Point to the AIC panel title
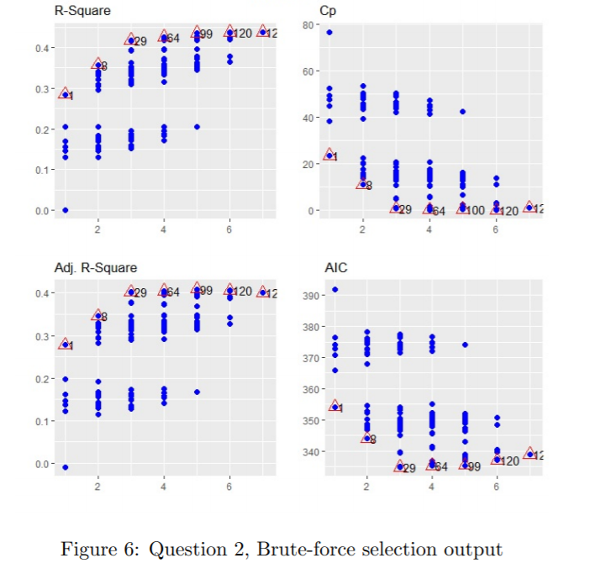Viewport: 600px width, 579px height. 335,268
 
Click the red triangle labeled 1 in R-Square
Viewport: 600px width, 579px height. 65,94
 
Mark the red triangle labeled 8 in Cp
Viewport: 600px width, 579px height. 362,183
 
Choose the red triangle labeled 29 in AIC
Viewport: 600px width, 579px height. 399,466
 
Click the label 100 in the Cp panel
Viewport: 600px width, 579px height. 475,210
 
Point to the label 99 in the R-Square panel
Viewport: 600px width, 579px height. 204,34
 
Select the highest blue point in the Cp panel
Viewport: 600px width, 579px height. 329,32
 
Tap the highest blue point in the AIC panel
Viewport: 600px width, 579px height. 334,289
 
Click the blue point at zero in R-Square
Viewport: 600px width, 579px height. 65,210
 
